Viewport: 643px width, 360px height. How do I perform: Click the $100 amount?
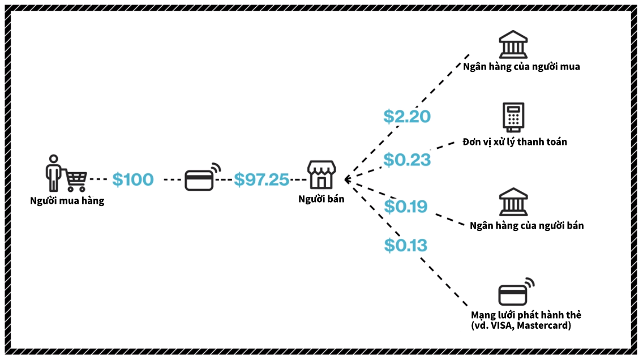133,179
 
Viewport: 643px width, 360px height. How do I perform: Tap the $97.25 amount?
262,179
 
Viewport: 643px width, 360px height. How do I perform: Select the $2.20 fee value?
407,116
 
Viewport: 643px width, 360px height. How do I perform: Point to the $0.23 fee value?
407,160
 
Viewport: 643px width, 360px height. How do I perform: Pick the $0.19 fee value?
406,207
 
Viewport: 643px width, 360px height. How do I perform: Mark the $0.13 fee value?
406,245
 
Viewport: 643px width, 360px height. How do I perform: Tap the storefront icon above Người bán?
321,174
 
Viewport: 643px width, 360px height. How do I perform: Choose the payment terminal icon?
513,117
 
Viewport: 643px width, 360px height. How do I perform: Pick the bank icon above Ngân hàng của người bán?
513,203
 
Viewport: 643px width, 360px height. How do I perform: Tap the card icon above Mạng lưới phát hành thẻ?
516,293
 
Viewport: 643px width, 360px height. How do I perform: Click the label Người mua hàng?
67,200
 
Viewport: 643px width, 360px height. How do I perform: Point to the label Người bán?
321,199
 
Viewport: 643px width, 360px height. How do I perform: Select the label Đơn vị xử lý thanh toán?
515,142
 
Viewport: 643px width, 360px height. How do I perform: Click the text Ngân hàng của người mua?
521,67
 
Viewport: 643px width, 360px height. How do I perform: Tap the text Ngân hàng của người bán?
526,225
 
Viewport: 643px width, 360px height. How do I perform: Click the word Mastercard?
543,325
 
